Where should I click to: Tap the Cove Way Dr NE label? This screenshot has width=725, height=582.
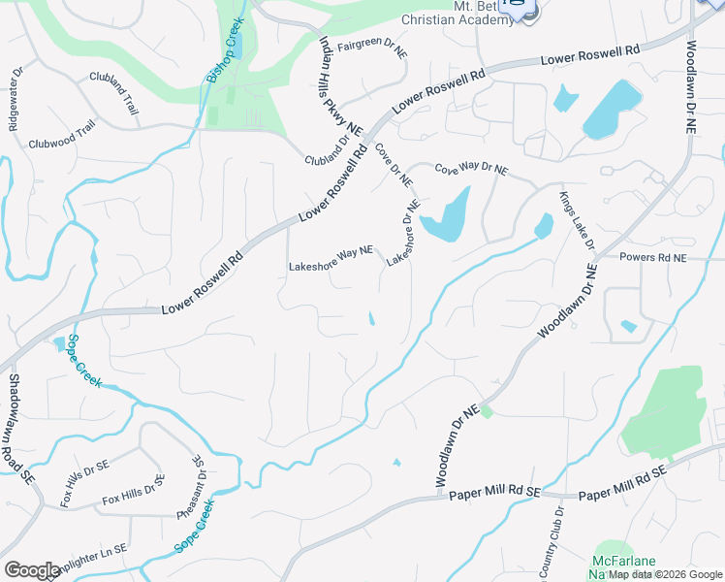pos(470,169)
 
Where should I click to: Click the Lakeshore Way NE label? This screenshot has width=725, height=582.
pos(331,257)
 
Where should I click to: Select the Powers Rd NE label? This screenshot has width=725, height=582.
pos(652,259)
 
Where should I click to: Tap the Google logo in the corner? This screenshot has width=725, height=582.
pos(32,570)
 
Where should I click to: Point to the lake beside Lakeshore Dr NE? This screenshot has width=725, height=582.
pos(446,215)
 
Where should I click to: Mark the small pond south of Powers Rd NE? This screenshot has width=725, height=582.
pos(629,326)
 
